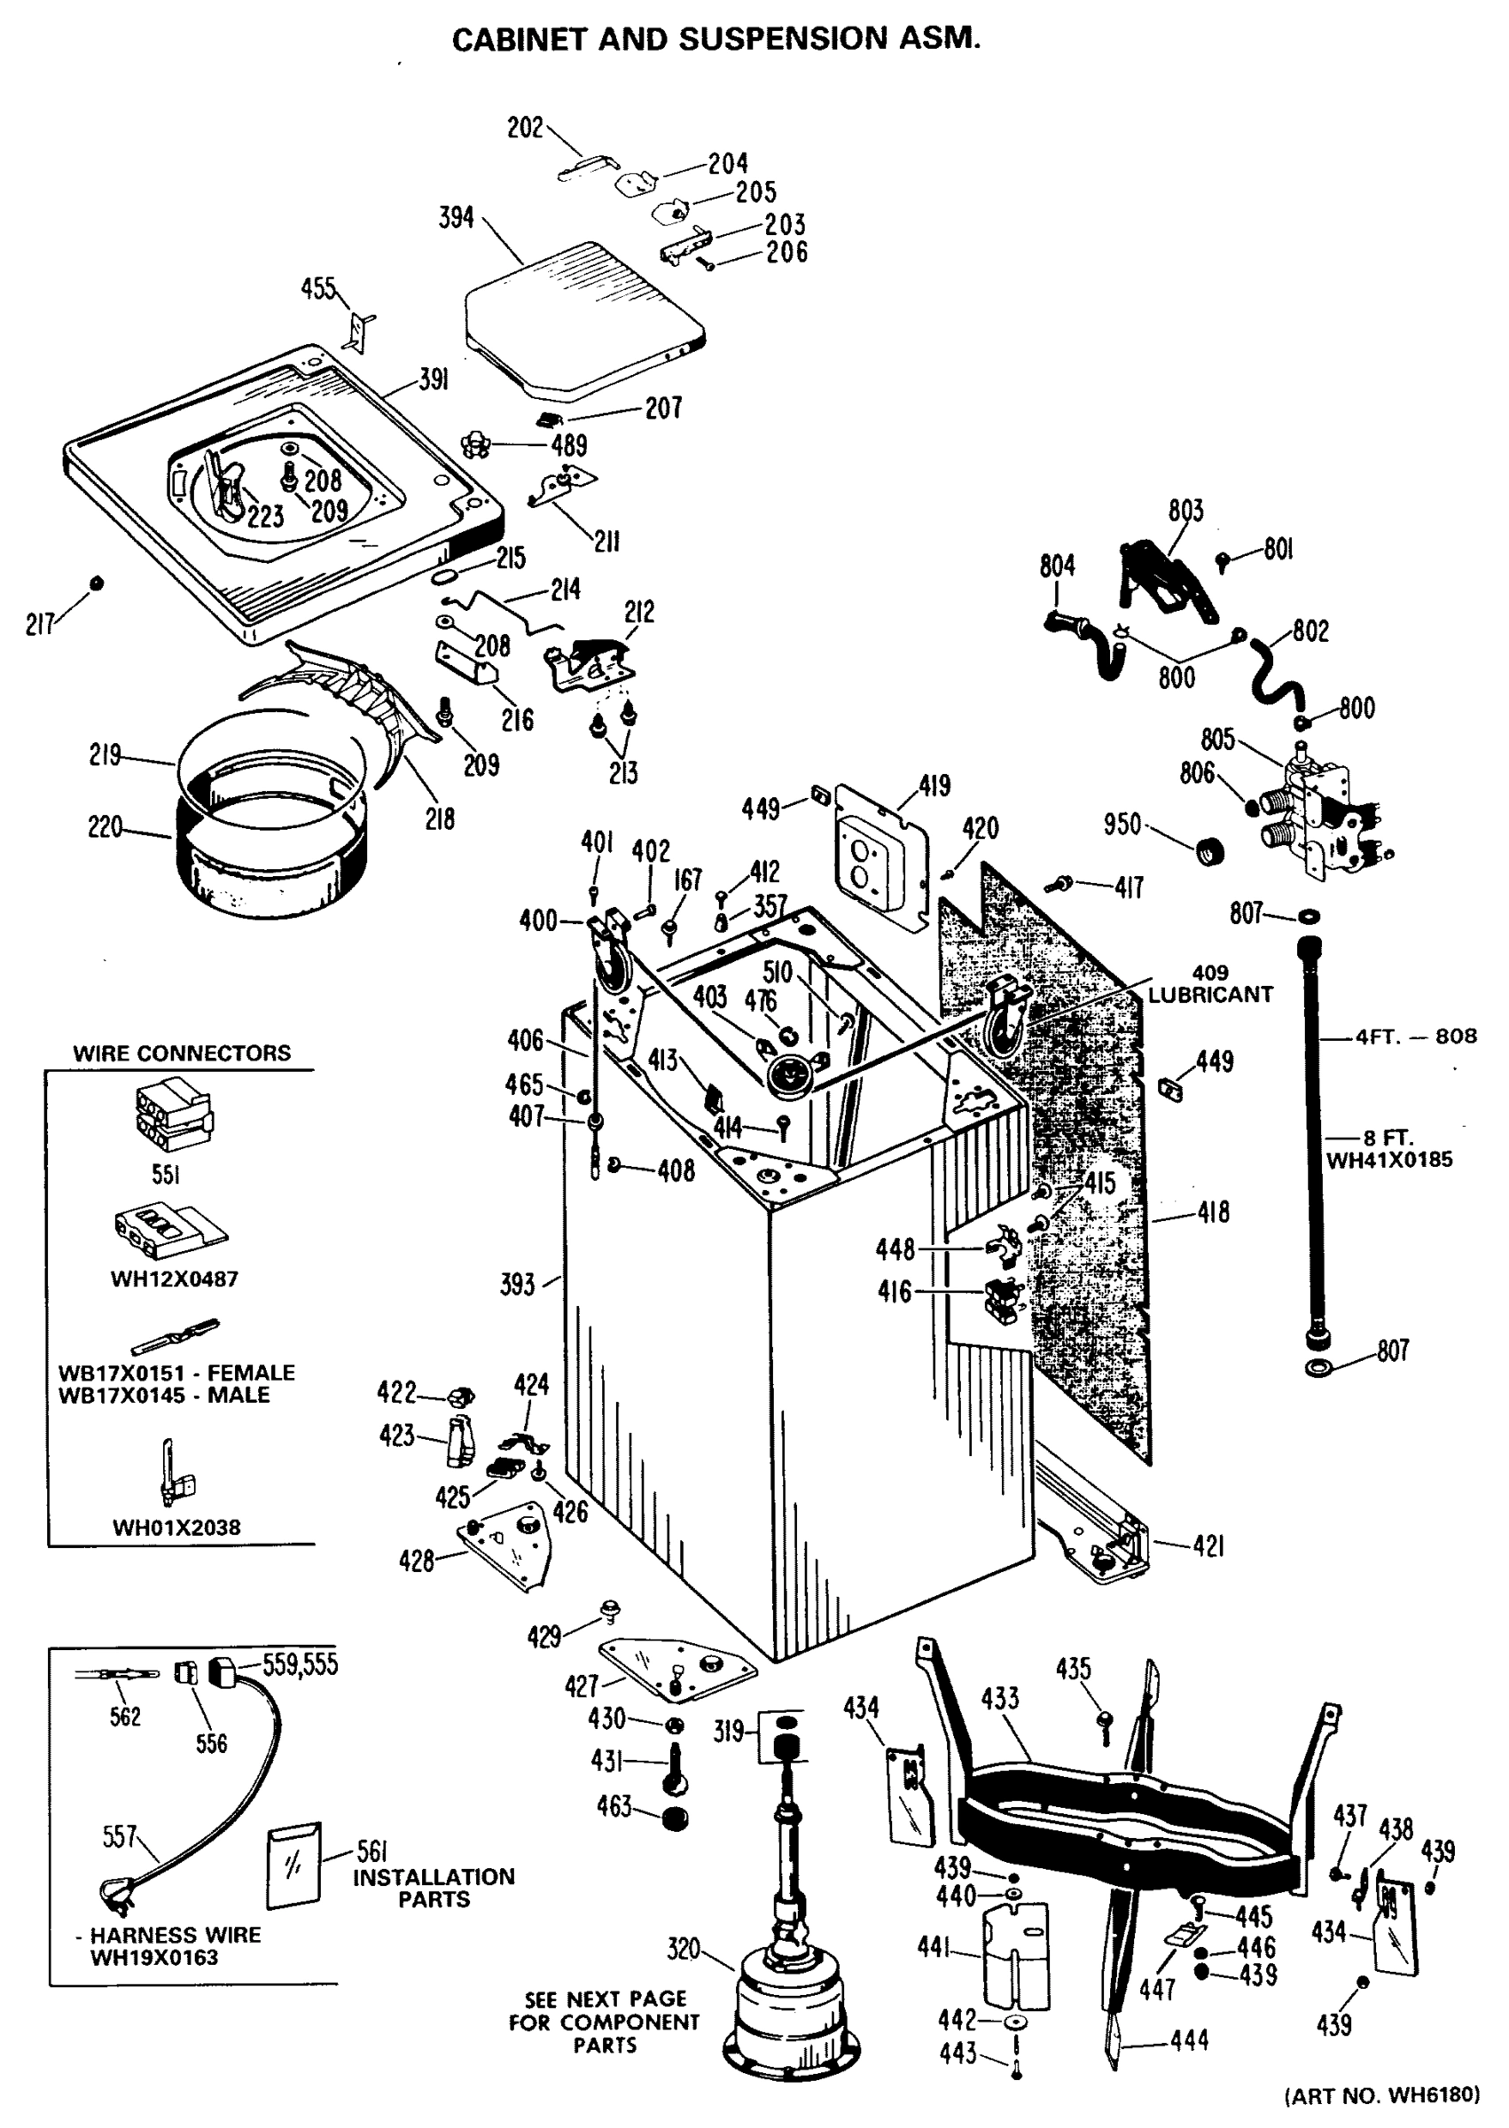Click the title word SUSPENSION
pos(782,39)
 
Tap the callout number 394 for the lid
pos(457,217)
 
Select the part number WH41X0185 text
pos(1388,1160)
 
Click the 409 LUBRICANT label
pos(1210,984)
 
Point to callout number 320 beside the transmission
pos(683,1948)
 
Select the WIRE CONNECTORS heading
pos(182,1052)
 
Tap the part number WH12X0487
pos(175,1279)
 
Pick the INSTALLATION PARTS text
pos(433,1888)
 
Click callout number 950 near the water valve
pos(1122,824)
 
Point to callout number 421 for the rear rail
pos(1208,1545)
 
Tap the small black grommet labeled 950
pos(1208,849)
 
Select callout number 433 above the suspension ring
pos(1000,1698)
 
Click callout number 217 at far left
pos(39,623)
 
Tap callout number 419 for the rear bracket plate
pos(934,786)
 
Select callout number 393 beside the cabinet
pos(518,1284)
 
